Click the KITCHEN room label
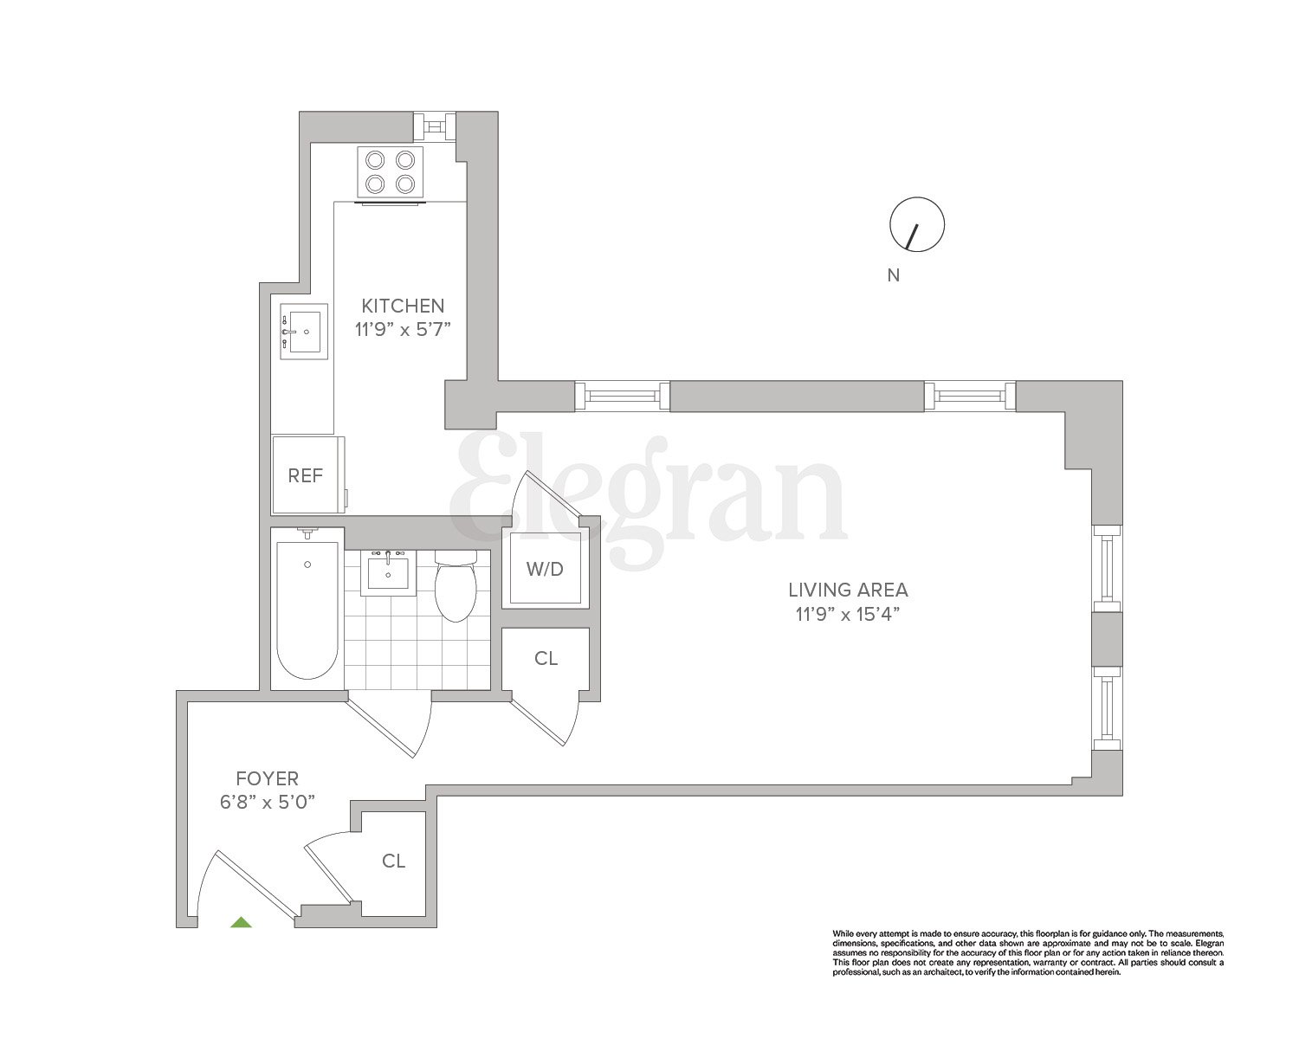[403, 306]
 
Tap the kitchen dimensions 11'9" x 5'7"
[403, 329]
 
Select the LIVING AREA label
[848, 590]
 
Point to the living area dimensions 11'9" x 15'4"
[848, 615]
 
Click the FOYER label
[267, 778]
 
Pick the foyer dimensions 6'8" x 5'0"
[267, 802]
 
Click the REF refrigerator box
[306, 475]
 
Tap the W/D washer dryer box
[545, 569]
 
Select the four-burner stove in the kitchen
[391, 171]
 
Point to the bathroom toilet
[456, 587]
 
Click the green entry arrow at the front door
[241, 922]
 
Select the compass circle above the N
[917, 225]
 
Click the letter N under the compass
[894, 276]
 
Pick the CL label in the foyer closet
[394, 861]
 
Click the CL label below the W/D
[546, 659]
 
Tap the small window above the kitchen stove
[433, 126]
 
